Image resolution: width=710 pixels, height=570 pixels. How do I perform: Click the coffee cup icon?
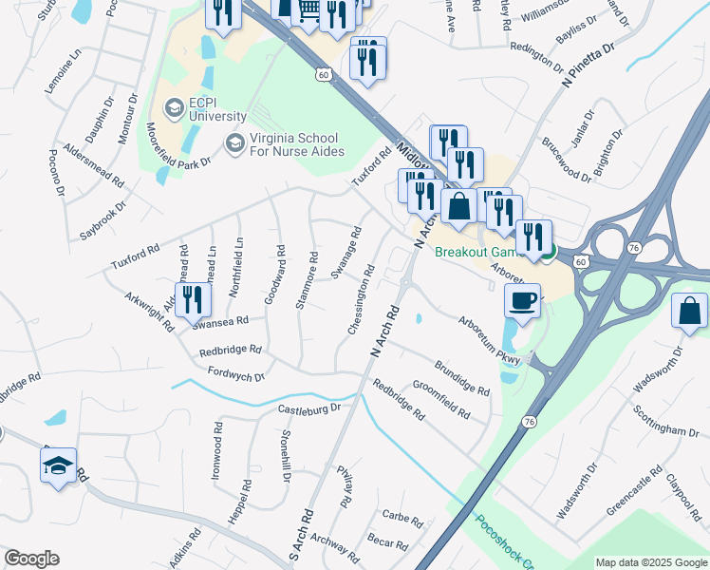coord(523,302)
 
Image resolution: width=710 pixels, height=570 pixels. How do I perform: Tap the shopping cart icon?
coord(309,9)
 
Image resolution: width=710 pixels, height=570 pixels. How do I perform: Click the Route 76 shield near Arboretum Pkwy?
coord(530,420)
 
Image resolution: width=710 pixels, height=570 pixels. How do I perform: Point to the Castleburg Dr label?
coord(308,408)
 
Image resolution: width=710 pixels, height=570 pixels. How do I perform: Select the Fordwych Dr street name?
coord(234,375)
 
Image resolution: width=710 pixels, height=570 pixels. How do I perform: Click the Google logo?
coord(31,559)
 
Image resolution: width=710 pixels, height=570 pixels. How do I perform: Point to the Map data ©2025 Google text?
coord(651,562)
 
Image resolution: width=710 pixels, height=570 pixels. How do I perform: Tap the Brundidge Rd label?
coord(462,377)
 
